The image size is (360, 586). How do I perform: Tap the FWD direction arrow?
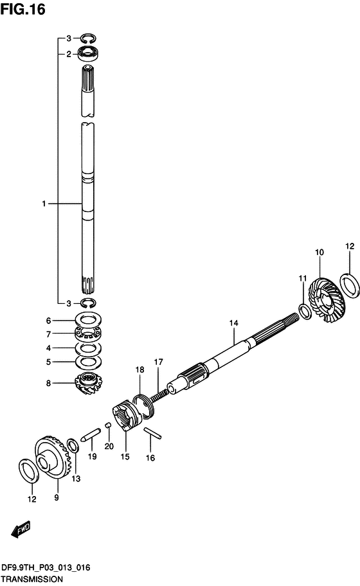pos(21,529)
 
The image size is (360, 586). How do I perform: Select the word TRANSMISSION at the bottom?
pos(32,579)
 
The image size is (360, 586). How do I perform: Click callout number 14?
pos(233,323)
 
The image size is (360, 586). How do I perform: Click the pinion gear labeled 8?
pos(89,384)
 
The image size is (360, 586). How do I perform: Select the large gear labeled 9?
pos(51,459)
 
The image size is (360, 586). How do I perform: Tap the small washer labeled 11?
pos(305,312)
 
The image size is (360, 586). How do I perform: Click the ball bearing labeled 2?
pos(89,53)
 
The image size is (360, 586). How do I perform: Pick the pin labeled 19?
pos(91,434)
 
